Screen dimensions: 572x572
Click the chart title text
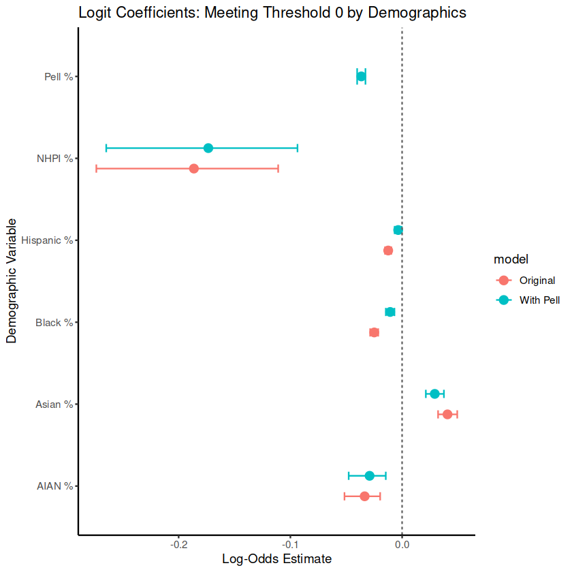point(272,12)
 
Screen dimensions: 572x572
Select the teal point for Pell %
point(361,76)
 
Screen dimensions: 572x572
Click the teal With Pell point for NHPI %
point(208,148)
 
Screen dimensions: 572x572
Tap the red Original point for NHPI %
point(194,168)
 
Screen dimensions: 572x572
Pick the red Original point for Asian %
point(447,414)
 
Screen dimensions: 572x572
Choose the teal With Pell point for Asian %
point(434,394)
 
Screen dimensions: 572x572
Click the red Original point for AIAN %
point(364,496)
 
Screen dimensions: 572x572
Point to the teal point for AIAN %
point(369,476)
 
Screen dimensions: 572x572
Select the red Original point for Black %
point(374,332)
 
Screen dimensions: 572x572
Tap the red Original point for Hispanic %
point(388,251)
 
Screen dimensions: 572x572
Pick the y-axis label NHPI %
point(54,159)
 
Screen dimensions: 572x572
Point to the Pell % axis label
point(58,77)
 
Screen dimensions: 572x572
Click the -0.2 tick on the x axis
point(179,544)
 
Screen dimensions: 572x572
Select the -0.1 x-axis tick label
point(291,544)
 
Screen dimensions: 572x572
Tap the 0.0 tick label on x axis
point(402,544)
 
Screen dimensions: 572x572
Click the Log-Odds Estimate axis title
point(276,559)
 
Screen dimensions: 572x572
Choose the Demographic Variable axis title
point(12,281)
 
